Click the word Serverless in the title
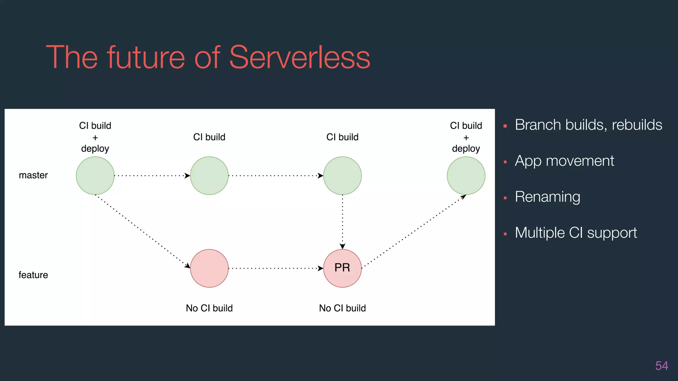[x=299, y=58]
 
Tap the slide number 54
[x=661, y=366]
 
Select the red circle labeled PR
[x=342, y=268]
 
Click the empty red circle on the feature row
[x=209, y=268]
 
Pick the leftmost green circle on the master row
[x=95, y=176]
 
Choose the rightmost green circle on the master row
[x=466, y=176]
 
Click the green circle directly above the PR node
[x=342, y=176]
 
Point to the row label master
[x=33, y=175]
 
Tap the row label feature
[x=33, y=275]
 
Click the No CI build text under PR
[x=342, y=308]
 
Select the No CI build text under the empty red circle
[x=209, y=308]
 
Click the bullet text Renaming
[x=547, y=197]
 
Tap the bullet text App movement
[x=564, y=161]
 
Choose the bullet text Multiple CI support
[x=576, y=233]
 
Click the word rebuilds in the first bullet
[x=637, y=125]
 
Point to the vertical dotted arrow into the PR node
[x=342, y=222]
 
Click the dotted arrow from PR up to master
[x=414, y=232]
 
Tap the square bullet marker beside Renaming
[x=505, y=198]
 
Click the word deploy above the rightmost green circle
[x=466, y=149]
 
